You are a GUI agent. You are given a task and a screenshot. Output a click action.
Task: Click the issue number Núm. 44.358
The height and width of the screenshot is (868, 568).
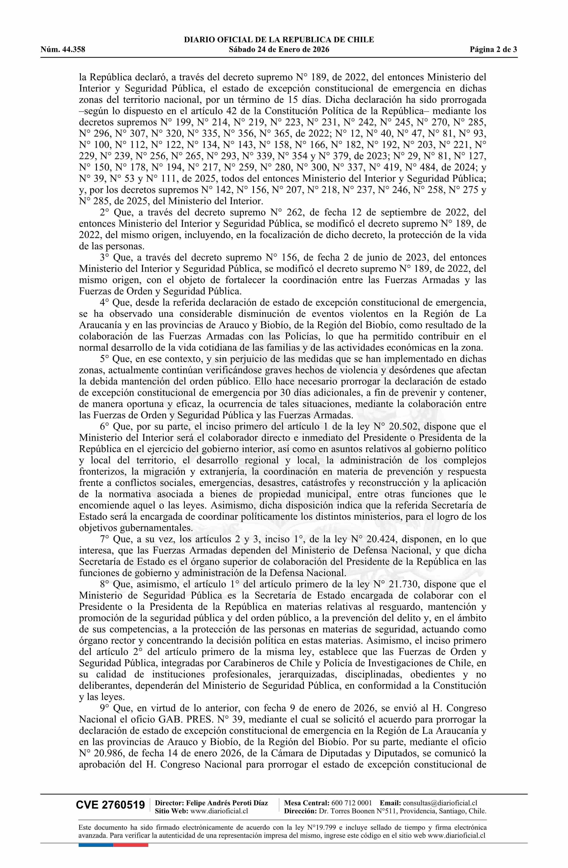[63, 50]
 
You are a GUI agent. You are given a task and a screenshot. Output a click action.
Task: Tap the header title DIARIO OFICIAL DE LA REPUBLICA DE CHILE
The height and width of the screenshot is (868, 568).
[279, 40]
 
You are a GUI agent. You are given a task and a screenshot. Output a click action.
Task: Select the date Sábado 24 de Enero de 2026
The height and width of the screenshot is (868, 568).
[279, 50]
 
